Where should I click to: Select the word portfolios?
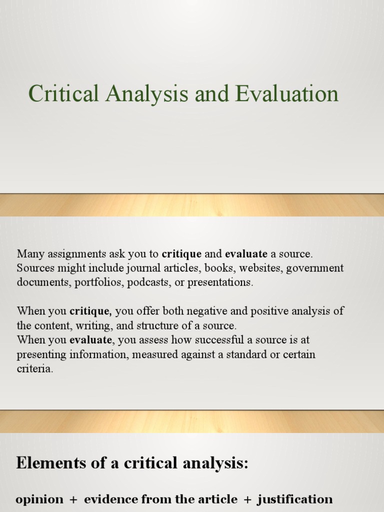pyautogui.click(x=99, y=282)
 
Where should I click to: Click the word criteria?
pyautogui.click(x=34, y=369)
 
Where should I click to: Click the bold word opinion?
pyautogui.click(x=40, y=499)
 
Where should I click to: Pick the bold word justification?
pyautogui.click(x=295, y=499)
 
